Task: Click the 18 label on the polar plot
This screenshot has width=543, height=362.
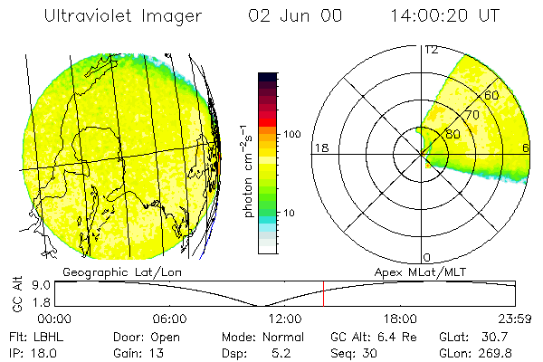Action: click(x=319, y=148)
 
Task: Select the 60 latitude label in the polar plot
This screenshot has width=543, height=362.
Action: click(x=492, y=95)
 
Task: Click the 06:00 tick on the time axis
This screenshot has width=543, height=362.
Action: click(x=169, y=319)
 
